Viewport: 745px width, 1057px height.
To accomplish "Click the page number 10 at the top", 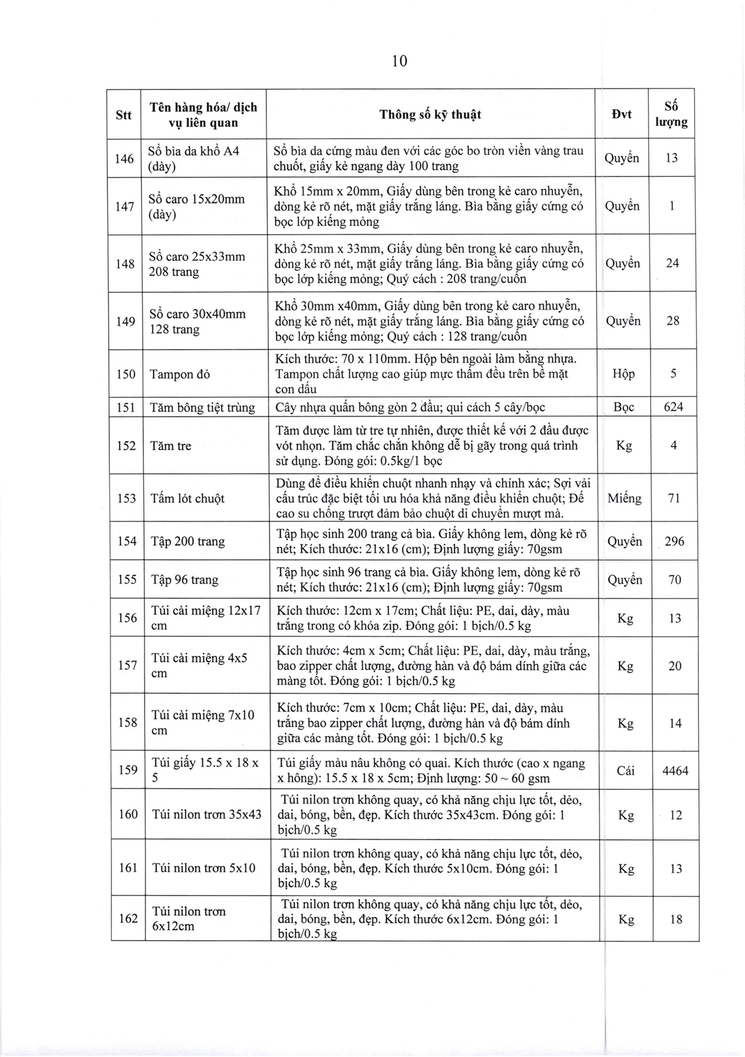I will (399, 61).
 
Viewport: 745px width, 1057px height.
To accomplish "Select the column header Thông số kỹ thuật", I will (430, 114).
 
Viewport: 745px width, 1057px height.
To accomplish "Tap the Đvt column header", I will (621, 114).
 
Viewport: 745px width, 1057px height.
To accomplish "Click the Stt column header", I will (124, 115).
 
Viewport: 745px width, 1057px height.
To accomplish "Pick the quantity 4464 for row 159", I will (675, 771).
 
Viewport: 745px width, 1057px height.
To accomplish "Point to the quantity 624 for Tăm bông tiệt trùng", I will (674, 407).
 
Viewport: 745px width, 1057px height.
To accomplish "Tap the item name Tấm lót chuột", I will (187, 498).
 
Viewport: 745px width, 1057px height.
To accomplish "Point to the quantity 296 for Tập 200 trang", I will (674, 542).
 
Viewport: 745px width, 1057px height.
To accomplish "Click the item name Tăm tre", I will (171, 446).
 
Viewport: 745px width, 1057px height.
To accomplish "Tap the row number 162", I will (128, 918).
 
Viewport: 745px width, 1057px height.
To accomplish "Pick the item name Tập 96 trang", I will (184, 579).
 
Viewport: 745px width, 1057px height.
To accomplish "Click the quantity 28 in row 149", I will (673, 321).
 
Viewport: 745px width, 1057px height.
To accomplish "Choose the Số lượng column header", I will (672, 114).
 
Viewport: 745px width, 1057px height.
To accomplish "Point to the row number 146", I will (125, 158).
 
